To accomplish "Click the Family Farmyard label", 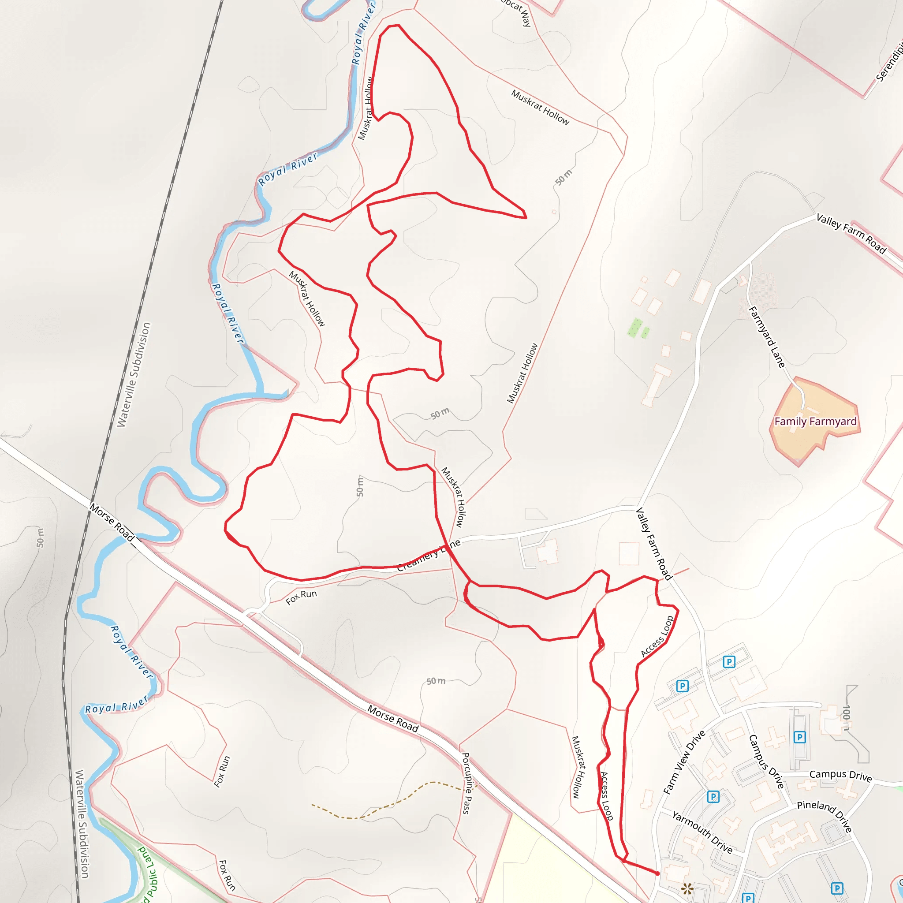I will click(x=815, y=422).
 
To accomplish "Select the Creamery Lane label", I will click(x=429, y=555).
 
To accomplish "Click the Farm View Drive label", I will click(x=684, y=762).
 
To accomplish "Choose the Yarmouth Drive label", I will click(x=702, y=832).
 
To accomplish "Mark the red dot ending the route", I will click(x=657, y=873).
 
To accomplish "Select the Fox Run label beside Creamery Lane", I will click(x=301, y=597).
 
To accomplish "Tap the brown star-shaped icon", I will click(x=687, y=888).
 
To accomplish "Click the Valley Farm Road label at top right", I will click(x=851, y=233).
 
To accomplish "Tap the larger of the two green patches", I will click(x=634, y=327).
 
